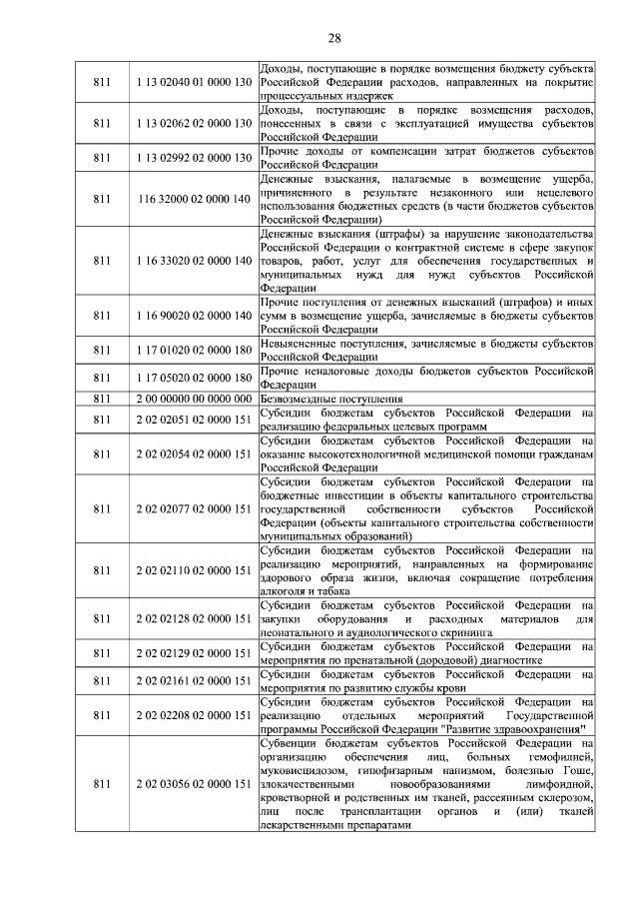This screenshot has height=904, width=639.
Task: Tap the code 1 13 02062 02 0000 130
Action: click(x=193, y=123)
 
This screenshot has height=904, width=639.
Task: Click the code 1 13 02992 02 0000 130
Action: click(x=193, y=158)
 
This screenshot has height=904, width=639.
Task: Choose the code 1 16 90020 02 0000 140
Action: click(x=193, y=316)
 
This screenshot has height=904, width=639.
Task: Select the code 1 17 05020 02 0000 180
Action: click(x=193, y=379)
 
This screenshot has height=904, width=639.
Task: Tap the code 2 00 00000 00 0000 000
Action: click(x=193, y=399)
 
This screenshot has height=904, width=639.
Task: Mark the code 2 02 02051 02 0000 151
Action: click(x=193, y=420)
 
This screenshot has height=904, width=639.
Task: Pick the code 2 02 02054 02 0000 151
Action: click(x=193, y=453)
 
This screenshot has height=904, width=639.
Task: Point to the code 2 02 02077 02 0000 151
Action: click(x=193, y=508)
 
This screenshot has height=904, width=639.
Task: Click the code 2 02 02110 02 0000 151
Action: click(x=193, y=570)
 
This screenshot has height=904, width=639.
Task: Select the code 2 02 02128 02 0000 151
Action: click(x=193, y=619)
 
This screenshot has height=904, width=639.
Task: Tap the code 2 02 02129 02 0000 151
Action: click(x=193, y=653)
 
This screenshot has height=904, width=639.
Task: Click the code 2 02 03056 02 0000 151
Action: click(x=193, y=785)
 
